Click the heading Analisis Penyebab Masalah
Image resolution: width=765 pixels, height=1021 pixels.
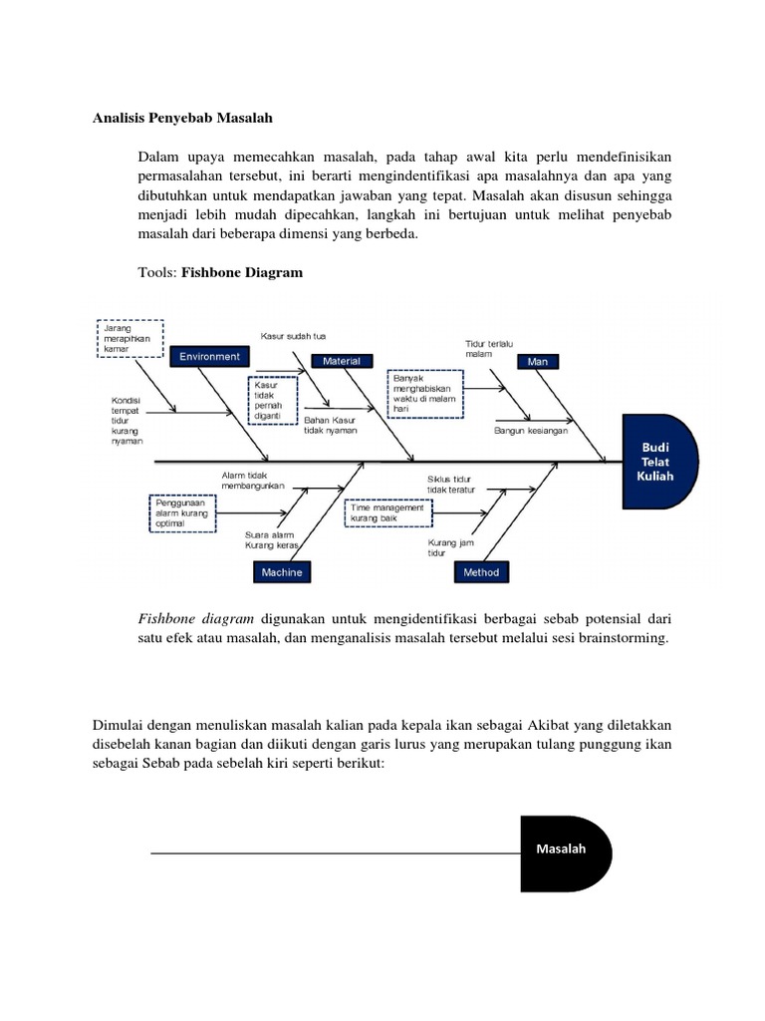click(182, 118)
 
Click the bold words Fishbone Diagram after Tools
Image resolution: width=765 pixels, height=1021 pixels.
click(241, 271)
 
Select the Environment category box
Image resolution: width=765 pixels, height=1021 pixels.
click(210, 356)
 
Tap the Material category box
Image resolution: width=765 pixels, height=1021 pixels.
click(342, 361)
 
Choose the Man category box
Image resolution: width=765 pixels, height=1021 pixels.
click(538, 361)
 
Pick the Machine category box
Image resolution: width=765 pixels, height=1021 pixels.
click(282, 572)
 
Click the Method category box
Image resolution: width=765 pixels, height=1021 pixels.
click(482, 572)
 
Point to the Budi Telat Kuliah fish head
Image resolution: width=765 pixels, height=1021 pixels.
click(655, 462)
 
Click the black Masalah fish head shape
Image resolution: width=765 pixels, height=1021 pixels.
click(564, 852)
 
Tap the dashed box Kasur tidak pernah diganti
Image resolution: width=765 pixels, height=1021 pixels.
click(271, 401)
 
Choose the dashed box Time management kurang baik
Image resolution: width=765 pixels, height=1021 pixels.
click(389, 513)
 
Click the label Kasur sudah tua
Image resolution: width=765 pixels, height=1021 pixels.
click(294, 335)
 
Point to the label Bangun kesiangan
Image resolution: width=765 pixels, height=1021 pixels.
click(530, 431)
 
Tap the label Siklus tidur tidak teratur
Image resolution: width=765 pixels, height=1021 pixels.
click(450, 484)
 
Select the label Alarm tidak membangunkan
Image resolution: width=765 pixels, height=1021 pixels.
click(253, 481)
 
